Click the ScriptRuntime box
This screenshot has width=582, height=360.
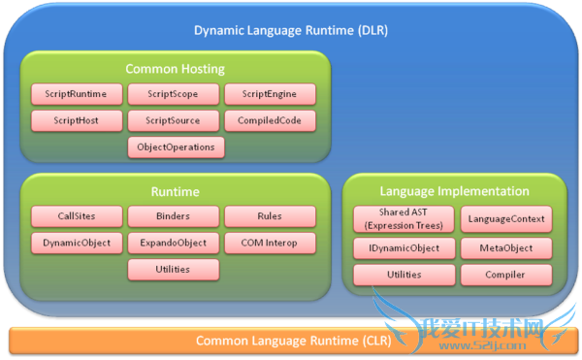77,95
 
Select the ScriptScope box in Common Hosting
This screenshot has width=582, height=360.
174,95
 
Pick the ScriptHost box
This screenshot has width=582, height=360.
77,121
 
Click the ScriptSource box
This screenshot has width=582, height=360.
174,121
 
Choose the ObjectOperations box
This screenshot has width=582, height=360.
174,147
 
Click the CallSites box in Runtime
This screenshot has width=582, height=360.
77,216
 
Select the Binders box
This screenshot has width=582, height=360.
174,216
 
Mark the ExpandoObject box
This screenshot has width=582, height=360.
174,243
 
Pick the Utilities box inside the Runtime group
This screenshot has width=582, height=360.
174,269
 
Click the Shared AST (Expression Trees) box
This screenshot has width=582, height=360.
402,219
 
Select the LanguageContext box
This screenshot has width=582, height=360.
505,219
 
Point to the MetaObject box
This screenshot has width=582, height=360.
505,248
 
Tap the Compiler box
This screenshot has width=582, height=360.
505,276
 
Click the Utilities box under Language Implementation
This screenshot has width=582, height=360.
402,276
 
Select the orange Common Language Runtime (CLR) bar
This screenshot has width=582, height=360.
290,341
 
